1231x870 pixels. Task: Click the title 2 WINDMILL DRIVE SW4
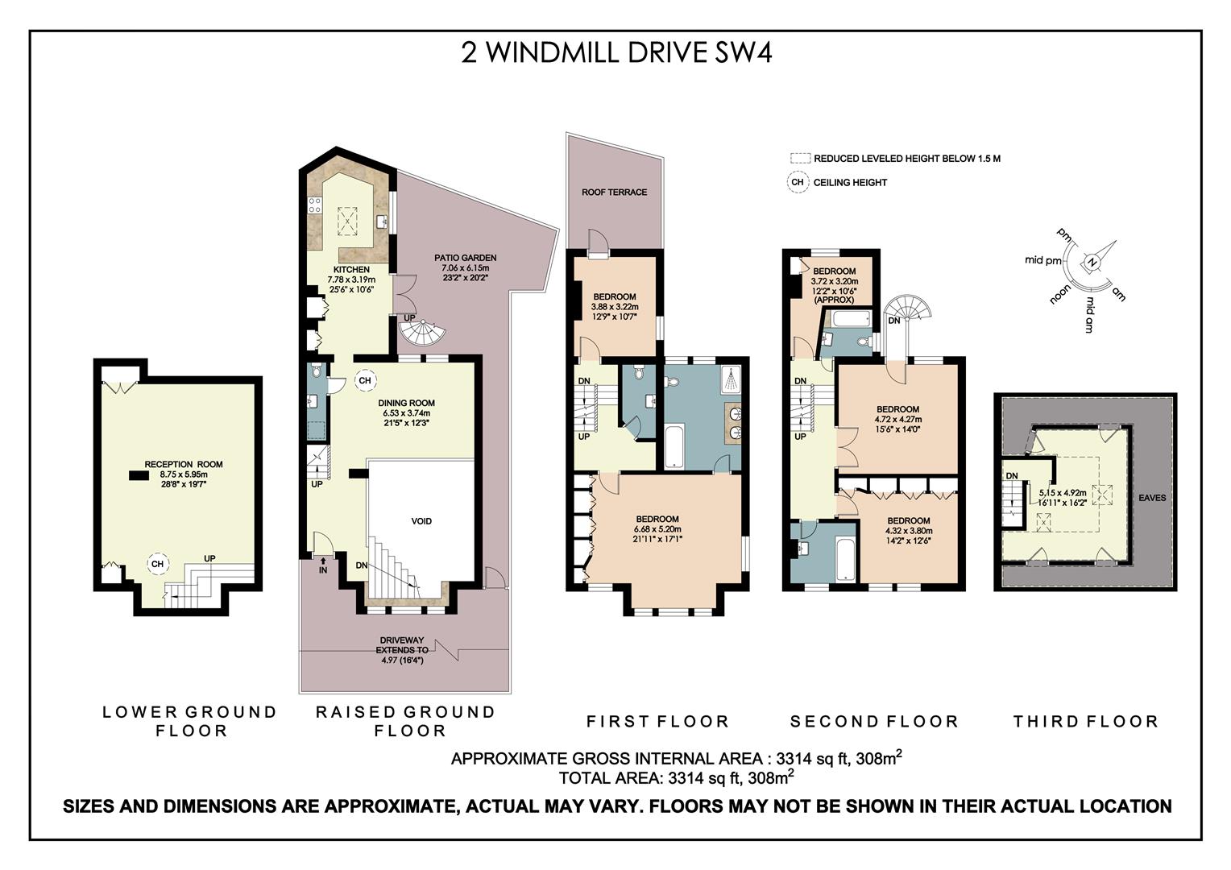[616, 53]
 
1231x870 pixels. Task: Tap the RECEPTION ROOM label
[184, 465]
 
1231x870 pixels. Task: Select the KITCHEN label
[352, 269]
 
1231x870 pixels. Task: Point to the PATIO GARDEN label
[466, 257]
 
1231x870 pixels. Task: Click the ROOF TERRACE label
[615, 192]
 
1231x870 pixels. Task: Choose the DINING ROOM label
[406, 403]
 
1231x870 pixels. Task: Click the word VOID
[421, 521]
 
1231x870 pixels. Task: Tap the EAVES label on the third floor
[1152, 498]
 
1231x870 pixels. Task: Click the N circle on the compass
[1092, 263]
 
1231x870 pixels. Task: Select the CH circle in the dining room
[365, 380]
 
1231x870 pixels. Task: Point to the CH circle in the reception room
[158, 564]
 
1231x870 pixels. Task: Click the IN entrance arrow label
[323, 566]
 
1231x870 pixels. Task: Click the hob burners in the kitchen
[315, 205]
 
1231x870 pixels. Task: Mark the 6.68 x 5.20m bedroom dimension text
[657, 529]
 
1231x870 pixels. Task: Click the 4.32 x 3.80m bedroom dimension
[909, 531]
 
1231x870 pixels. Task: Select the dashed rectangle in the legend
[800, 158]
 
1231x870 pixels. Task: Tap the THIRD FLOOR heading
[1086, 721]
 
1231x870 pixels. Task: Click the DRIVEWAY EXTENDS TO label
[402, 644]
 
